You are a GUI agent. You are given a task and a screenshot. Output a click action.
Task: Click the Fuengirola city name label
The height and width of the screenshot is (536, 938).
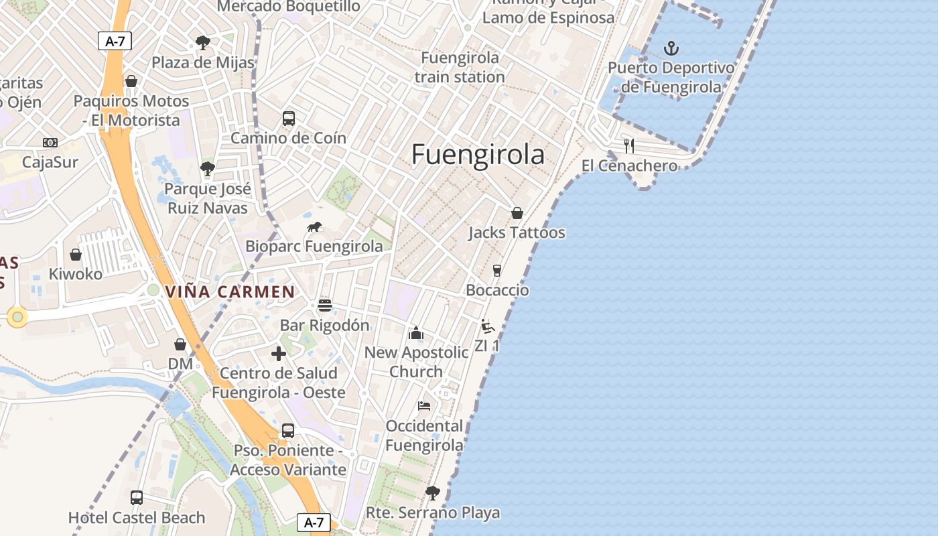[x=478, y=155]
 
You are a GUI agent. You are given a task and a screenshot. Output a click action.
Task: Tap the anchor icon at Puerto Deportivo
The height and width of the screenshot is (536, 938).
[x=671, y=48]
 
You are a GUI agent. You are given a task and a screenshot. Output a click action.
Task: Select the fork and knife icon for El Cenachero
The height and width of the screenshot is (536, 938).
[x=628, y=145]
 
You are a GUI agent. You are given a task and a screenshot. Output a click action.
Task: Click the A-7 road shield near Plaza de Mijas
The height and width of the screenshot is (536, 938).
[x=115, y=41]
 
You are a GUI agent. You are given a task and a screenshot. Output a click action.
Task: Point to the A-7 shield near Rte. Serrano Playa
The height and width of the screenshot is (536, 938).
[x=314, y=523]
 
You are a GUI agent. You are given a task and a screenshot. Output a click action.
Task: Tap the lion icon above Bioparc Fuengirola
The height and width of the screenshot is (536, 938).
[x=314, y=227]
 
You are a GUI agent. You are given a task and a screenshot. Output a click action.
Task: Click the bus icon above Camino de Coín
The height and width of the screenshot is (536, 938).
[x=289, y=119]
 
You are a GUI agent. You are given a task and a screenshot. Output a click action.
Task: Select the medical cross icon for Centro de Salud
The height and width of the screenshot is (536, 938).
[x=279, y=354]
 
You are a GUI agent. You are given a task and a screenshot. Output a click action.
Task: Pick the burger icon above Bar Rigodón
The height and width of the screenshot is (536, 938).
[x=325, y=306]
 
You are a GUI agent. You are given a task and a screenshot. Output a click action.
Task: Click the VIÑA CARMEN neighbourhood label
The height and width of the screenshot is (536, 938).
[x=230, y=292]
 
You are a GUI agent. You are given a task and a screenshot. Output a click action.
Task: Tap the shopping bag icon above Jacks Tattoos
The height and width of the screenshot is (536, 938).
[x=517, y=213]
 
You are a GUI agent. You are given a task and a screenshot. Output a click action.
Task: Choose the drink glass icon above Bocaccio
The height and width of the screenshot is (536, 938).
[x=497, y=271]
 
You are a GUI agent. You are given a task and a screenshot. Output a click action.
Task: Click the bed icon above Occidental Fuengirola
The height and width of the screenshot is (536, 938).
[x=423, y=406]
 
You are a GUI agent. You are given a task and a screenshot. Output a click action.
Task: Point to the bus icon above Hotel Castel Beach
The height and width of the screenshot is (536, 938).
[x=137, y=498]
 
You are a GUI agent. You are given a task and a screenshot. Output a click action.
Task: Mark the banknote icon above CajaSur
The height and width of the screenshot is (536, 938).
[x=50, y=143]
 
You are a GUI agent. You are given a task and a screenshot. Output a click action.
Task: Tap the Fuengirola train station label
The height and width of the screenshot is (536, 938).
[x=460, y=67]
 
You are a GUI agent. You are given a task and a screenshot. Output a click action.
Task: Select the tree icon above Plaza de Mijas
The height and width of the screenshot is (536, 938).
[x=203, y=43]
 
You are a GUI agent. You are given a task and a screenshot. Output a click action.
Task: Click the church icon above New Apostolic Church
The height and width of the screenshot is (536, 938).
[x=416, y=333]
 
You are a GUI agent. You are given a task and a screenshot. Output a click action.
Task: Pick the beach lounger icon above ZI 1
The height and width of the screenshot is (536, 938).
[x=488, y=326]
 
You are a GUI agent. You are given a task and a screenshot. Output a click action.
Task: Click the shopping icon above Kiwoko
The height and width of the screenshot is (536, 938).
[x=76, y=255]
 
